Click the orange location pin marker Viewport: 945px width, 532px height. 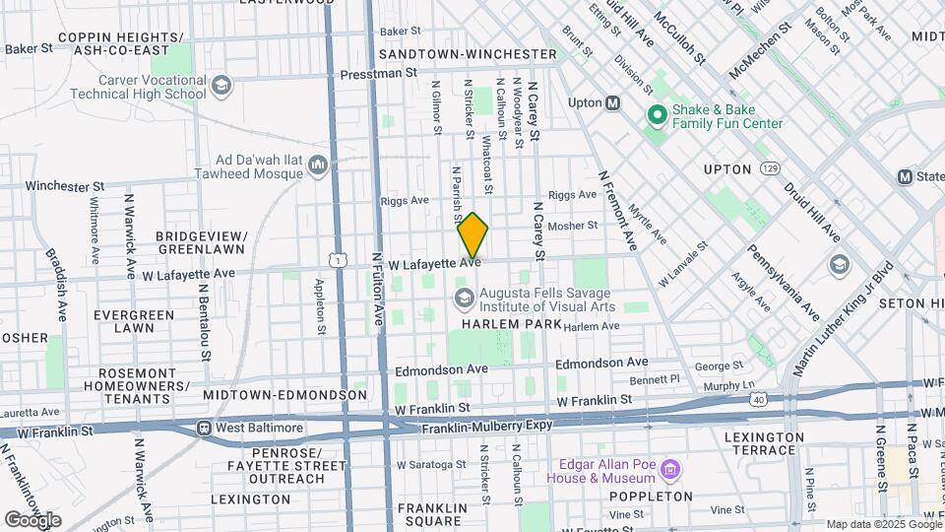[472, 235]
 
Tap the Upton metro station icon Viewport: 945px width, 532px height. [612, 102]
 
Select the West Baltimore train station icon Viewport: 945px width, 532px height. [204, 429]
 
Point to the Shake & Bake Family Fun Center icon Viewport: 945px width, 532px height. [657, 115]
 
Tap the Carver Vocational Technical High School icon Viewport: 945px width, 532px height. [220, 85]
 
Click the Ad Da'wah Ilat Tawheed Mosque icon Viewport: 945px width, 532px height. [317, 165]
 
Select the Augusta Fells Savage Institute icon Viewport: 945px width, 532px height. [462, 297]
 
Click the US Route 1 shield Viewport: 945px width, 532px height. [339, 258]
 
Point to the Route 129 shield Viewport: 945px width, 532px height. [770, 169]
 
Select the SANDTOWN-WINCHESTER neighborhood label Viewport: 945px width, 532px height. [468, 53]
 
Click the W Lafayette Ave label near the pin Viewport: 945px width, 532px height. [434, 264]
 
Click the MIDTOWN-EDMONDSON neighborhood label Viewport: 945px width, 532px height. [284, 395]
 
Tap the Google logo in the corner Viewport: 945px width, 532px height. [33, 519]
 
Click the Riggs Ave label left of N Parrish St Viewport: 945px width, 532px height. [406, 200]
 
